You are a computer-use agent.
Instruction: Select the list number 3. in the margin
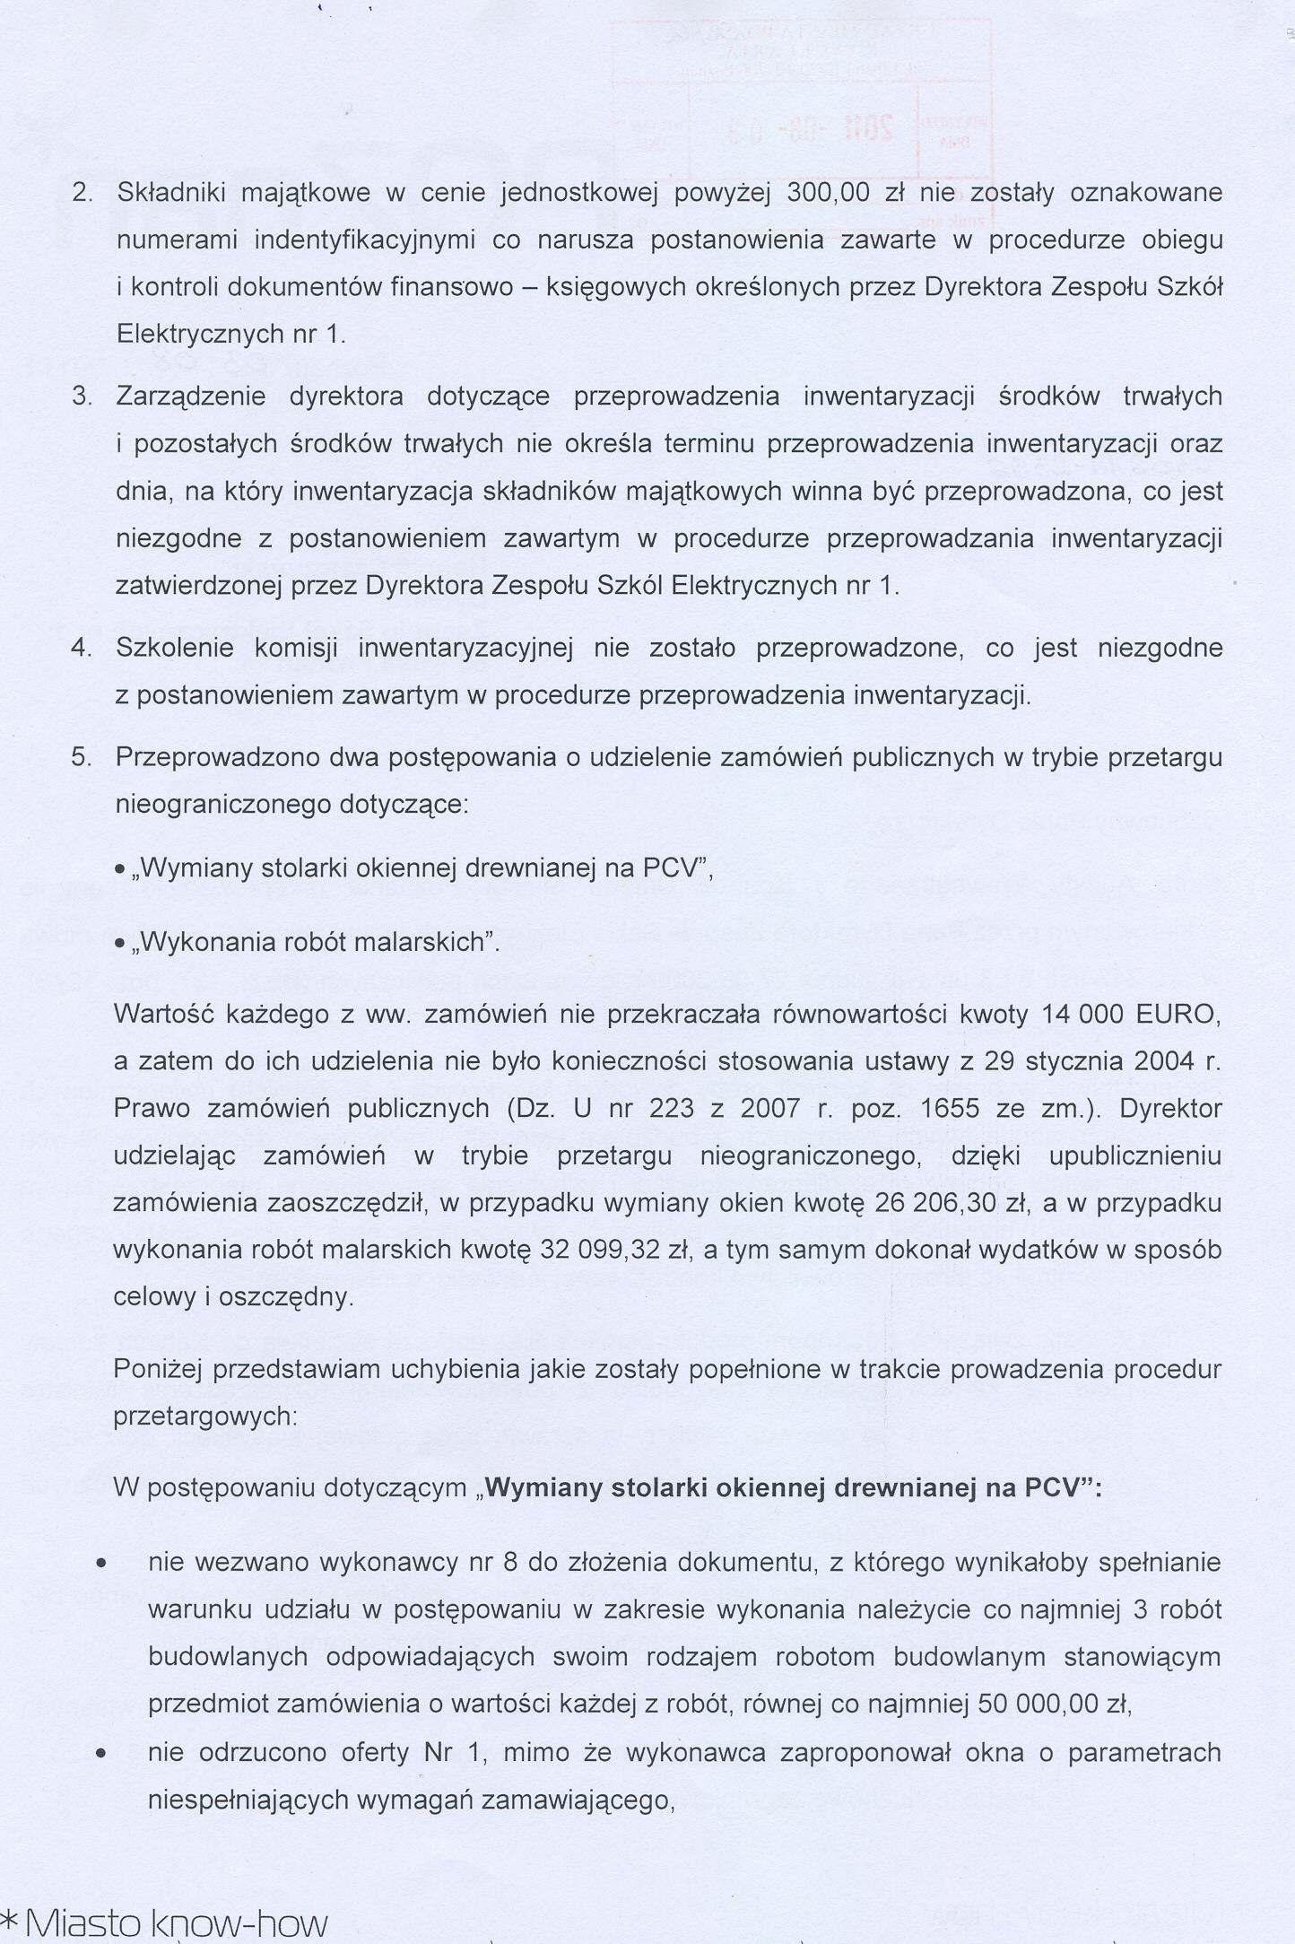click(82, 397)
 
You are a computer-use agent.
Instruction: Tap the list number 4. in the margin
click(82, 649)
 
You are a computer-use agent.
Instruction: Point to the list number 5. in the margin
click(82, 757)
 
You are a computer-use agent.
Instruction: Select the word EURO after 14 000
click(1178, 1015)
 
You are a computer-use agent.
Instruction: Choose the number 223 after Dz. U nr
click(669, 1109)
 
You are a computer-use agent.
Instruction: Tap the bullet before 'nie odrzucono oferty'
click(103, 1752)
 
